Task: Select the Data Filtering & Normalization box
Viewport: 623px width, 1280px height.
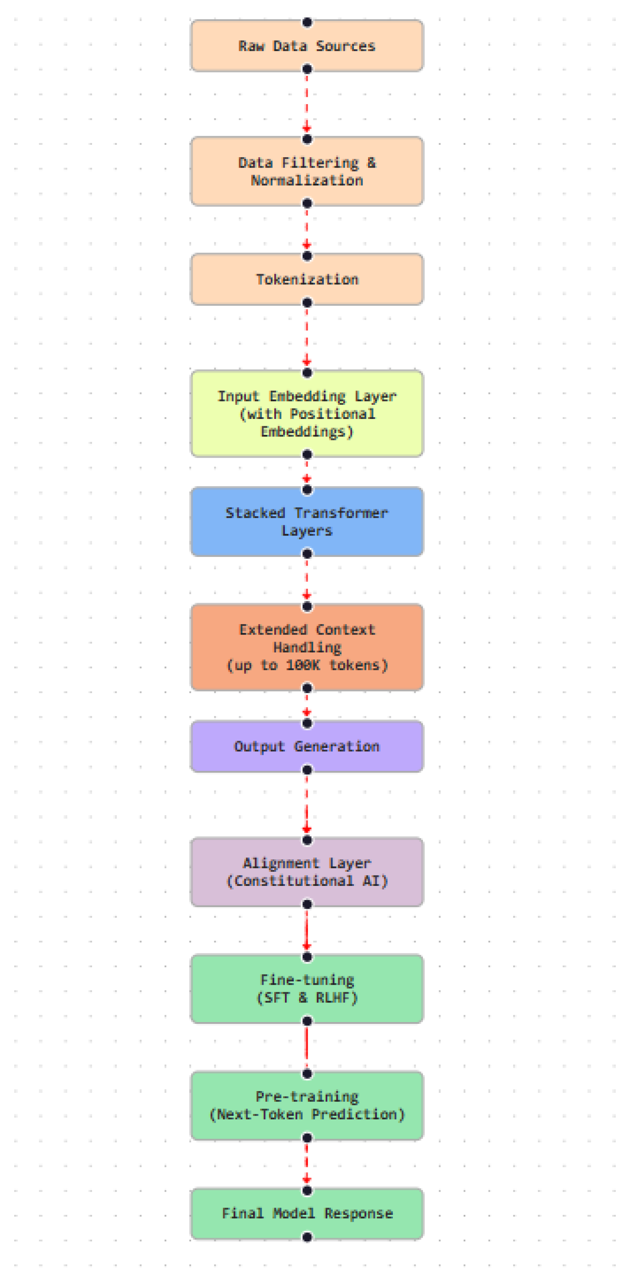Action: [307, 171]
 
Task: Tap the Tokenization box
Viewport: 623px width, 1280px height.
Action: [307, 279]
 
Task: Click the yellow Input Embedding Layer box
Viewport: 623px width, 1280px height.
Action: [307, 413]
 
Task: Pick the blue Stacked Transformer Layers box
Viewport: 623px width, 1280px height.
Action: [307, 522]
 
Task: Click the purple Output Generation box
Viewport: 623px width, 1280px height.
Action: [307, 746]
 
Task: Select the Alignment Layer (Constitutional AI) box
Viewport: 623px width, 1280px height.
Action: [307, 872]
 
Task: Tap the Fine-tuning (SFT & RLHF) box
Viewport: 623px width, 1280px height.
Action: [307, 989]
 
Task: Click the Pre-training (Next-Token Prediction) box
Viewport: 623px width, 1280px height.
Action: [307, 1106]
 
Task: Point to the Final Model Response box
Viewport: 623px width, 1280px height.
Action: [307, 1214]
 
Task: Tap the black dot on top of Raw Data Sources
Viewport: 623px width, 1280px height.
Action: [307, 22]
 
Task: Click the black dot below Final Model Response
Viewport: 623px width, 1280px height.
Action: [307, 1237]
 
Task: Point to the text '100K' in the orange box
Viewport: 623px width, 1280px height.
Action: [303, 665]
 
